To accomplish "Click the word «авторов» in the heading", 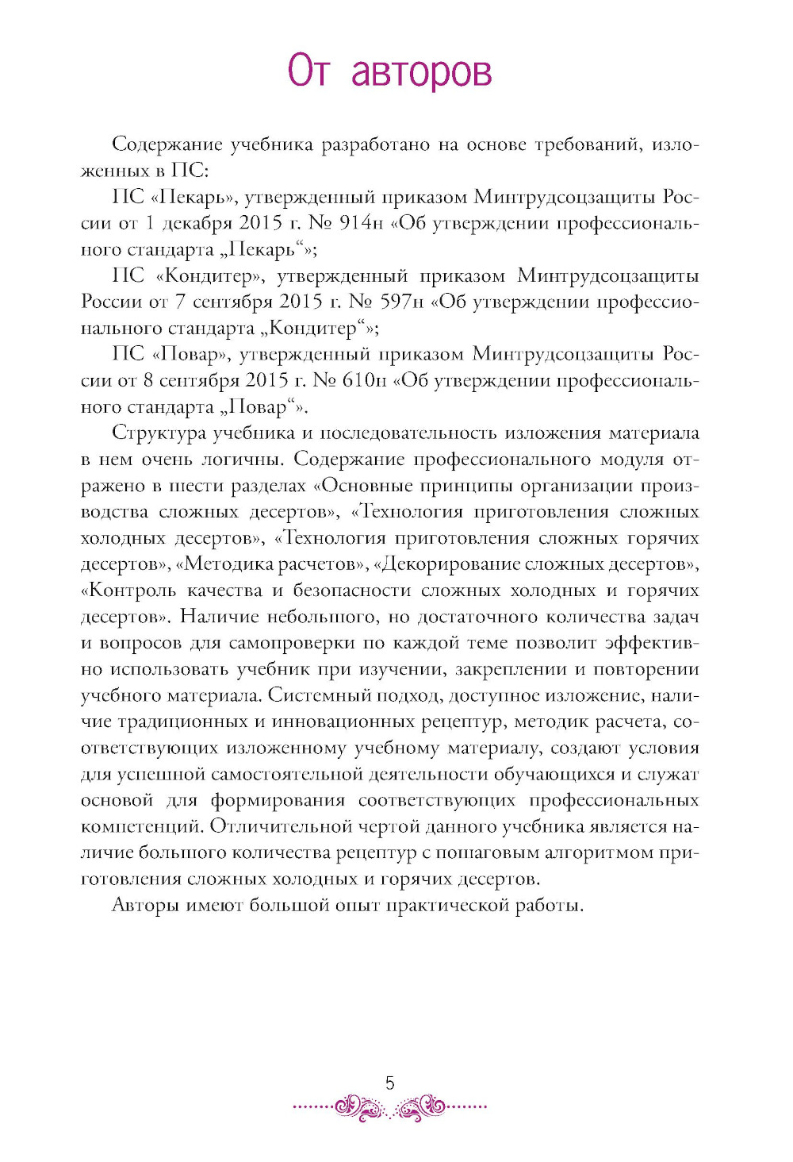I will pos(421,71).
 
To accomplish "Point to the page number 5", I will pos(389,1083).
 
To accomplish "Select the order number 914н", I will pos(362,223).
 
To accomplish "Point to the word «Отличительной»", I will pos(288,826).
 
